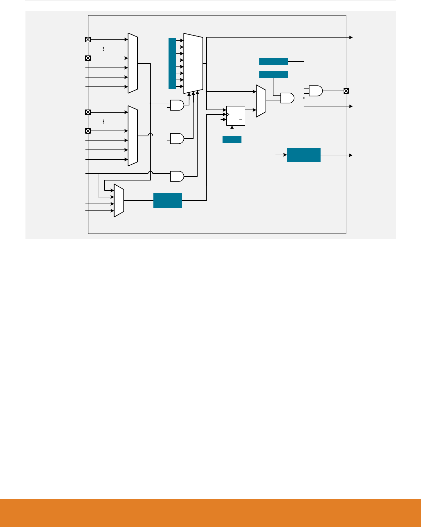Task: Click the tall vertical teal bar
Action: (172, 63)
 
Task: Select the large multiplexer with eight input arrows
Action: (193, 63)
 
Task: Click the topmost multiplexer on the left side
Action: (133, 63)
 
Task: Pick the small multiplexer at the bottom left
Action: (119, 200)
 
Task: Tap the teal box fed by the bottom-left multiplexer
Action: (168, 200)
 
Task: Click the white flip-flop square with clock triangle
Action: (236, 116)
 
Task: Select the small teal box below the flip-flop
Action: (232, 139)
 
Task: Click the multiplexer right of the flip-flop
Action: (261, 101)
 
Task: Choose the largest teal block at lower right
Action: (304, 155)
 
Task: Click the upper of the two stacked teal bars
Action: (273, 62)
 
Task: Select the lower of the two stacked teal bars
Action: (273, 75)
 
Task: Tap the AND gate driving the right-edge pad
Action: (315, 91)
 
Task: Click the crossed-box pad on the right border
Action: (346, 91)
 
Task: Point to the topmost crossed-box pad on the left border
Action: (88, 40)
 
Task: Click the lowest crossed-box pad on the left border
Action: (88, 131)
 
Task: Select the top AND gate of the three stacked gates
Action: (177, 105)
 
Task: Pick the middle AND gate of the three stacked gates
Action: (177, 138)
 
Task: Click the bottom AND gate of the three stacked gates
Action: (177, 176)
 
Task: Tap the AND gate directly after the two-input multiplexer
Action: (287, 98)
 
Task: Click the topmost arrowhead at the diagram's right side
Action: (351, 37)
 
